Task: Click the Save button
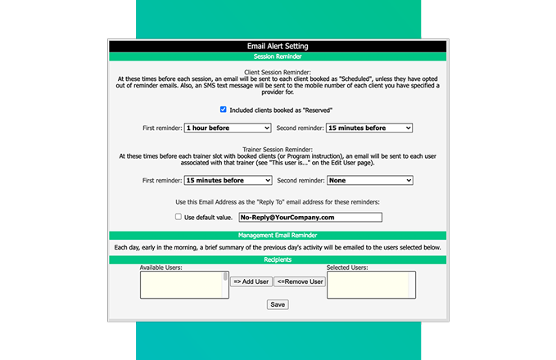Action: pos(278,304)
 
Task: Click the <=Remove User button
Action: pos(300,281)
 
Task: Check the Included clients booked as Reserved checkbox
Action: pos(224,110)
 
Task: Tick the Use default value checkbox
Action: pos(179,218)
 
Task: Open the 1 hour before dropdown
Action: pos(228,128)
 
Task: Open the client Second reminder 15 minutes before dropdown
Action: pos(369,128)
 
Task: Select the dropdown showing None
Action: pos(369,180)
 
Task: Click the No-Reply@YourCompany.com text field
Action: pos(310,218)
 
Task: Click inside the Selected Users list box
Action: pos(370,286)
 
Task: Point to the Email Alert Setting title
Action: pos(278,47)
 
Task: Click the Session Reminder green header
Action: pos(278,56)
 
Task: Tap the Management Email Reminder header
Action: pos(278,236)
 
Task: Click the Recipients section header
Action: pos(278,259)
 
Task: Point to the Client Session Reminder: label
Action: pos(278,72)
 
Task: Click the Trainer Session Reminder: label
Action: pos(278,149)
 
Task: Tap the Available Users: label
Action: pos(160,268)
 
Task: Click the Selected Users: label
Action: pos(347,268)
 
